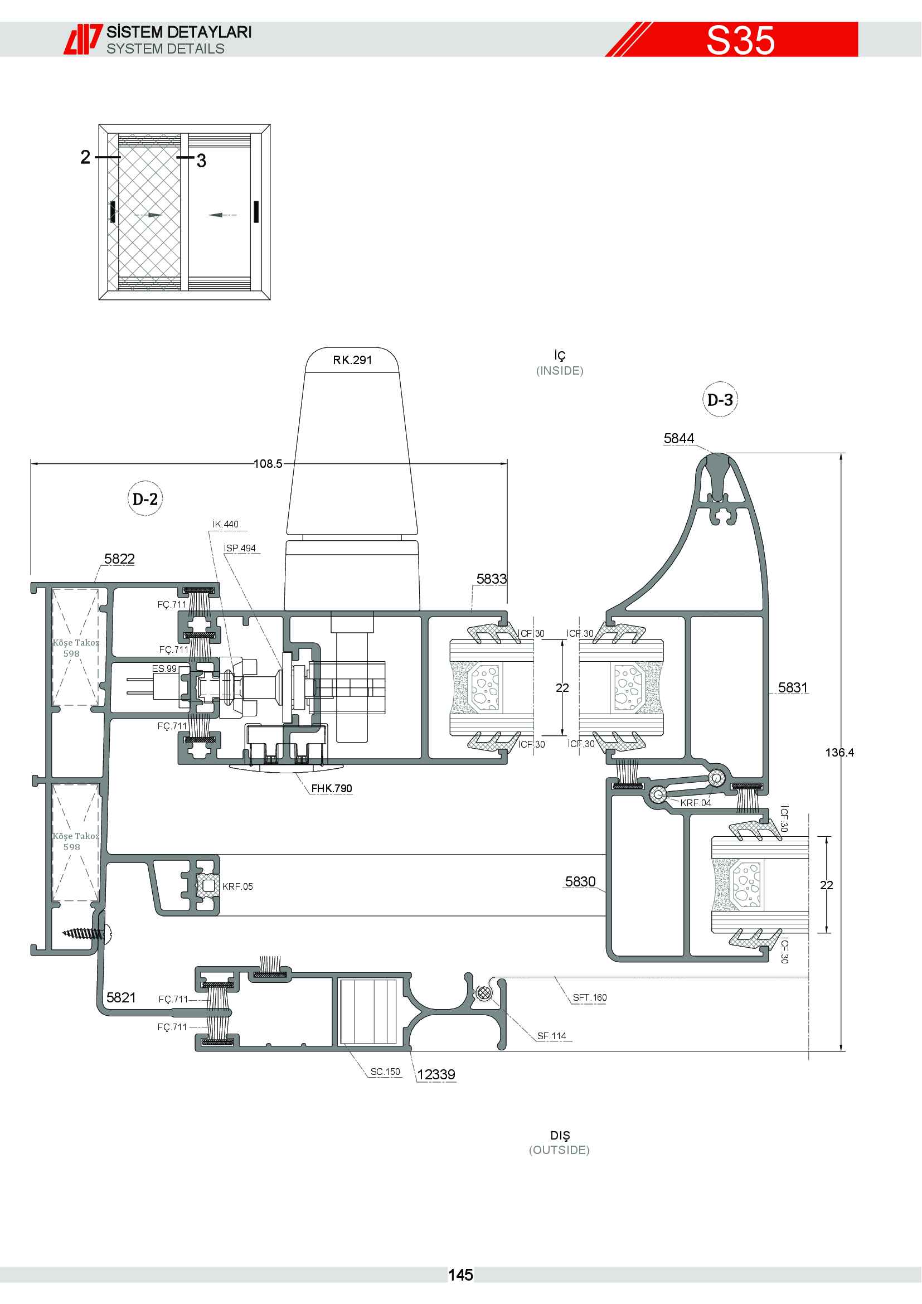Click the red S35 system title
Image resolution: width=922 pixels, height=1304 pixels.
click(x=740, y=40)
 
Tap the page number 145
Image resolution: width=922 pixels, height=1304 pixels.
click(x=460, y=1275)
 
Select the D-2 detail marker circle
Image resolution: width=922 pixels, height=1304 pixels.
click(x=145, y=498)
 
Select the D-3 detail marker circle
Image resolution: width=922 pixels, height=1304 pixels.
click(x=720, y=399)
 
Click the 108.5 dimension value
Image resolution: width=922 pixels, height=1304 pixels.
click(x=268, y=464)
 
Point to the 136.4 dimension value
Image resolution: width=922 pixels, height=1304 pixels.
click(x=839, y=753)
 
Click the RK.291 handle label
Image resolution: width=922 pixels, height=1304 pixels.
click(x=352, y=360)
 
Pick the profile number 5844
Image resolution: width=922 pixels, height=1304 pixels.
click(x=679, y=438)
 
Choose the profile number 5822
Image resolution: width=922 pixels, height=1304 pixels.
click(x=120, y=559)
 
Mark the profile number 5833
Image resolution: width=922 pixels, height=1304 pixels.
click(x=492, y=579)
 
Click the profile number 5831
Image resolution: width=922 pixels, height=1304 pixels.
click(x=793, y=688)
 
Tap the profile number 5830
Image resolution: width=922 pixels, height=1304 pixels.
click(x=580, y=881)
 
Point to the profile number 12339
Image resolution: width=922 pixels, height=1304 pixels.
click(x=436, y=1074)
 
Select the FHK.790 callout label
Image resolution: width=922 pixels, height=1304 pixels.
click(x=332, y=788)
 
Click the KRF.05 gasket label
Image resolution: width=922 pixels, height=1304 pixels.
click(x=237, y=886)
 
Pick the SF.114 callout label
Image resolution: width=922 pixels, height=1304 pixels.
click(x=552, y=1036)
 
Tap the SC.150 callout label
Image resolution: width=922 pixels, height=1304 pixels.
click(x=386, y=1072)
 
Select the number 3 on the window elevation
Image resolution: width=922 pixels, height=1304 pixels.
click(x=201, y=161)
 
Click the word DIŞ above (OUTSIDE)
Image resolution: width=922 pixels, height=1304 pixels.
click(x=560, y=1135)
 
